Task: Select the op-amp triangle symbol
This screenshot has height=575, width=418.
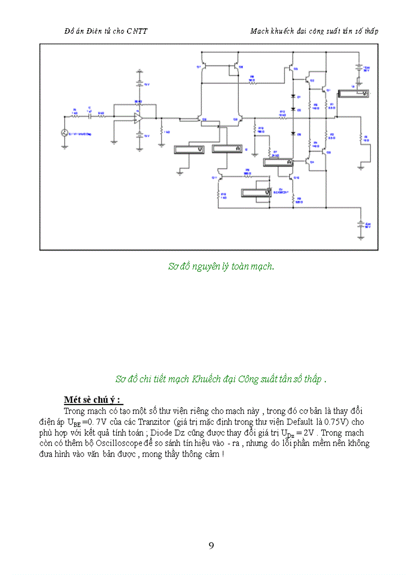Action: point(138,118)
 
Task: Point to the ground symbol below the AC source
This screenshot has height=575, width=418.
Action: point(65,146)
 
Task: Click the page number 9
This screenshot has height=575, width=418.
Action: point(211,545)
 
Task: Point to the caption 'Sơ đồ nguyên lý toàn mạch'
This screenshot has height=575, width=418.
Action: point(221,266)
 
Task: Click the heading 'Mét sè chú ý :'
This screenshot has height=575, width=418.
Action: point(93,399)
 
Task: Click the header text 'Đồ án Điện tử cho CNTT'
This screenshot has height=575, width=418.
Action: point(106,31)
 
